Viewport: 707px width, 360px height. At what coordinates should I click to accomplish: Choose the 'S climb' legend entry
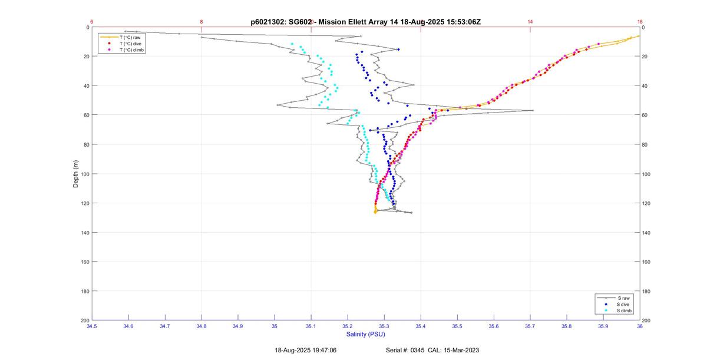[624, 311]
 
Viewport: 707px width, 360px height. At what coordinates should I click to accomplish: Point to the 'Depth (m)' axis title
[75, 174]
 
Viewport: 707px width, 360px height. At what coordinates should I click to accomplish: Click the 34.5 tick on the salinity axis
[92, 326]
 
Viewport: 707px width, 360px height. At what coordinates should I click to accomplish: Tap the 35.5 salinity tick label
[457, 326]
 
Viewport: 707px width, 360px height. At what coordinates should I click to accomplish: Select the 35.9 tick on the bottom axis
[603, 326]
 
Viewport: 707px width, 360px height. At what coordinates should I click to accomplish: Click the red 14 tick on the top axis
[530, 22]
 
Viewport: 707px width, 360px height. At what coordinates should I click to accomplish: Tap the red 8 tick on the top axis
[201, 22]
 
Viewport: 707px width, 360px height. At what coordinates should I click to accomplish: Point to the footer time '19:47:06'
[324, 350]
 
